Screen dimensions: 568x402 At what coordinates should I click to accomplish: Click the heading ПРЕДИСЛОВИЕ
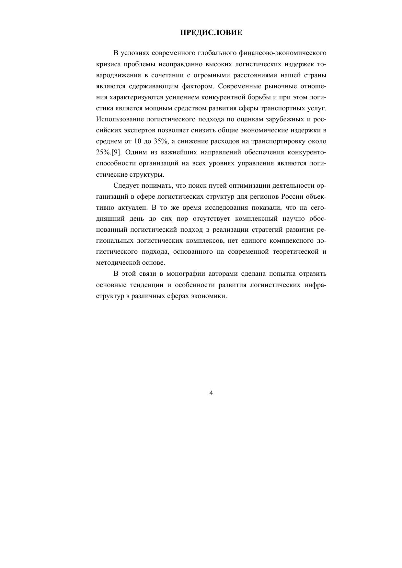(211, 33)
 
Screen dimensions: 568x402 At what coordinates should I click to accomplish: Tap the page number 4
(211, 393)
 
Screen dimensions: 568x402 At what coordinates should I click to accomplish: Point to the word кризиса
(108, 64)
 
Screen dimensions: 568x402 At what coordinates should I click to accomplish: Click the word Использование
(120, 119)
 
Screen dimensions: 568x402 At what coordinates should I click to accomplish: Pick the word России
(293, 197)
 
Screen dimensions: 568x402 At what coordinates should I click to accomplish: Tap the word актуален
(132, 208)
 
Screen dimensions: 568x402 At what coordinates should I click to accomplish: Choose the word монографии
(186, 274)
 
